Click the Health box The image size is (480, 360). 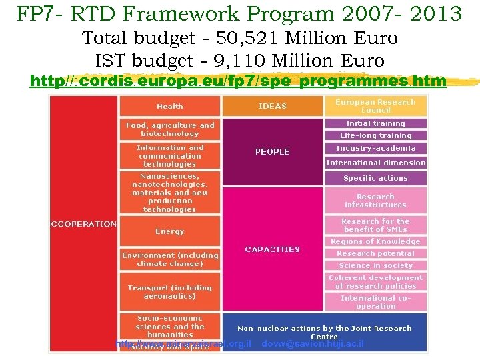click(x=170, y=107)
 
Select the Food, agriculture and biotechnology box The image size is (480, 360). click(x=170, y=129)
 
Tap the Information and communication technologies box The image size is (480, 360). click(x=170, y=156)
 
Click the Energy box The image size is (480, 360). click(x=170, y=232)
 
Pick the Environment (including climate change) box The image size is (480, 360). click(x=170, y=259)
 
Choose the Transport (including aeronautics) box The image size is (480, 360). click(x=170, y=292)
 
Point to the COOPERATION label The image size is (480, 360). click(x=83, y=224)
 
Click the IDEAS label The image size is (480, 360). click(x=272, y=107)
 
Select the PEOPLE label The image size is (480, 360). click(x=272, y=152)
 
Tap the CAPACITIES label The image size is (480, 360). click(x=272, y=249)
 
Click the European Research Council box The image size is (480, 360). click(x=375, y=106)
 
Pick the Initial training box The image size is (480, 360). click(x=375, y=124)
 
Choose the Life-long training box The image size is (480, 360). click(x=375, y=135)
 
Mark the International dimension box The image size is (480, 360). click(x=375, y=163)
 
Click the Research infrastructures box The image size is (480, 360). click(x=375, y=201)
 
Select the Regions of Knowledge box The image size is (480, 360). click(x=375, y=241)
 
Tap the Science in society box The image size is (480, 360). click(x=375, y=265)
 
